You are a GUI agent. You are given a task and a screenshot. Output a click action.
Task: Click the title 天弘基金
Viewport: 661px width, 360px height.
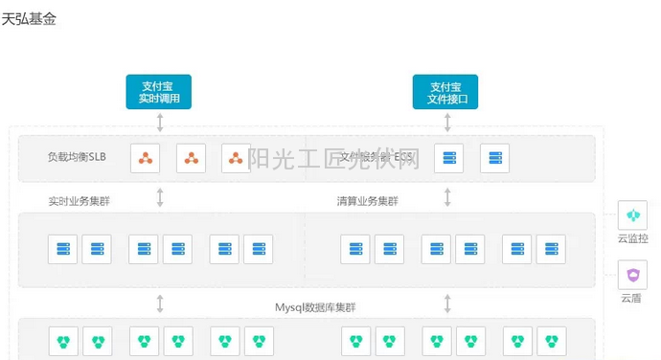[x=30, y=18]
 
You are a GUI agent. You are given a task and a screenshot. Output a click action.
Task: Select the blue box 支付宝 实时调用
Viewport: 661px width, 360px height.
[x=159, y=92]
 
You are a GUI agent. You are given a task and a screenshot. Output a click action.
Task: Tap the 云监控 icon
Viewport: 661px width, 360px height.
[x=632, y=215]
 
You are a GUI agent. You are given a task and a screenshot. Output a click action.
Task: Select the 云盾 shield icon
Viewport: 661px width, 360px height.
[x=632, y=275]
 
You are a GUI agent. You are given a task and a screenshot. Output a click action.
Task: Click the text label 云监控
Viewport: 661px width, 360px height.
[x=632, y=238]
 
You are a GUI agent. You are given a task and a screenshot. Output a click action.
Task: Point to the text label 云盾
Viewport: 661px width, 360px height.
[x=631, y=298]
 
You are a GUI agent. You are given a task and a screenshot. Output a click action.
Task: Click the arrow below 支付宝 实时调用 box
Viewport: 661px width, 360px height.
[x=160, y=122]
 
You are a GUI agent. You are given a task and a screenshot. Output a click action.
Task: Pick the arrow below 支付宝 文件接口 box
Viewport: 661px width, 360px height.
[x=447, y=122]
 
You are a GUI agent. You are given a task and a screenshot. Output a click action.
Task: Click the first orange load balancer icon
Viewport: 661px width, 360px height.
[x=146, y=158]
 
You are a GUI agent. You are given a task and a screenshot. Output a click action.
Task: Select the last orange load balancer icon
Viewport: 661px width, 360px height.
[x=236, y=158]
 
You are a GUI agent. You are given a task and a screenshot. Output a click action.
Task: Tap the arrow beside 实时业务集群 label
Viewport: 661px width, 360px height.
[x=160, y=198]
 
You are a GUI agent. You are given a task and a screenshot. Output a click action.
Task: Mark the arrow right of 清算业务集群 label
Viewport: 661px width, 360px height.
[x=447, y=198]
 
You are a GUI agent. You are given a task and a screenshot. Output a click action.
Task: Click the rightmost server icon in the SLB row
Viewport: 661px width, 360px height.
[x=494, y=158]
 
